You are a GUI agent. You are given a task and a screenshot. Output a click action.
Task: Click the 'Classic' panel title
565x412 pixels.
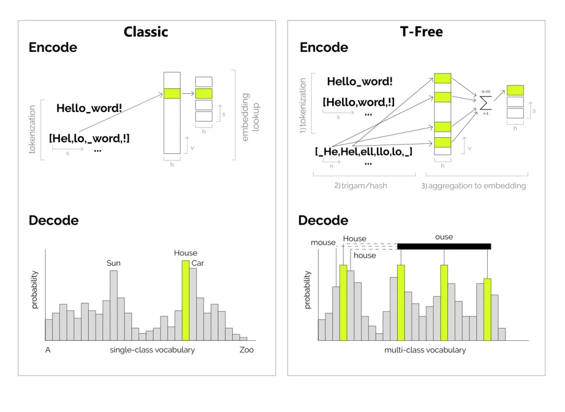point(146,31)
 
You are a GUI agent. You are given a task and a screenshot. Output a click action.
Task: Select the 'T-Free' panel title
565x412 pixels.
point(421,31)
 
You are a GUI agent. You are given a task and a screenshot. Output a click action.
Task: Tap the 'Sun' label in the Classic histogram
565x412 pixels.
point(114,263)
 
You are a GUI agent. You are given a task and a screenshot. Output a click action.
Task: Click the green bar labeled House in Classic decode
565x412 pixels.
point(185,301)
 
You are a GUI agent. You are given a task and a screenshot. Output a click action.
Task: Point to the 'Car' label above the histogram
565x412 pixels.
point(198,263)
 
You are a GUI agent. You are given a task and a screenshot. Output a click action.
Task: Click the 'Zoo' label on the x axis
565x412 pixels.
point(247,350)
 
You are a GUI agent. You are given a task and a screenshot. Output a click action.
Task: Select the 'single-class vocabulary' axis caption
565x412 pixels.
point(152,350)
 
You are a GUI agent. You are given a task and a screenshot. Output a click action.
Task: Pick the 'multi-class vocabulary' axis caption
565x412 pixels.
point(425,350)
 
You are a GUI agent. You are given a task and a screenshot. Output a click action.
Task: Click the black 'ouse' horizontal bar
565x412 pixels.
point(444,247)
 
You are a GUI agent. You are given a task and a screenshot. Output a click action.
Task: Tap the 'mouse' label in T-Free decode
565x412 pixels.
point(323,242)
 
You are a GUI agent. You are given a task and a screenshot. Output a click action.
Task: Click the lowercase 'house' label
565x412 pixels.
point(365,255)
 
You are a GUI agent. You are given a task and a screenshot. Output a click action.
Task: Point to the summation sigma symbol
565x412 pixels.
point(486,103)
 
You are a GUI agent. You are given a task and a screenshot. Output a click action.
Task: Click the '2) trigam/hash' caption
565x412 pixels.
point(361,185)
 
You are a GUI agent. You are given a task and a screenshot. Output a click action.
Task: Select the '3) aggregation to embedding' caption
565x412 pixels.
point(473,186)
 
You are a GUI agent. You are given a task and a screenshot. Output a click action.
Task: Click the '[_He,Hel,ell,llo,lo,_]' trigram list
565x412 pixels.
point(364,152)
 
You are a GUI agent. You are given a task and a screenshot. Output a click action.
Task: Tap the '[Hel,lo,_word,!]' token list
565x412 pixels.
point(89,138)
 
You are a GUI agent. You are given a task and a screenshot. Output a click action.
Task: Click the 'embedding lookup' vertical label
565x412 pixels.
point(250,117)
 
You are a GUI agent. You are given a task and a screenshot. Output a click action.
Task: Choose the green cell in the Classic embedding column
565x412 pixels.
point(172,94)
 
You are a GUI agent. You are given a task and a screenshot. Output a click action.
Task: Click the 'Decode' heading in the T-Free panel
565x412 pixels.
point(323,220)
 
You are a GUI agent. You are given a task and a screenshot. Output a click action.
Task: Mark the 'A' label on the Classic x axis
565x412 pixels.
point(47,350)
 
